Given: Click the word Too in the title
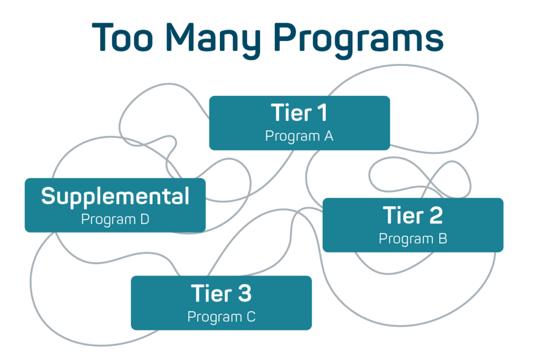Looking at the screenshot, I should [x=125, y=37].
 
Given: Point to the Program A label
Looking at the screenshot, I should [x=299, y=136].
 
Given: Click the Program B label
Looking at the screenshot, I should [x=412, y=239].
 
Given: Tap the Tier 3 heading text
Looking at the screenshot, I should [x=221, y=293].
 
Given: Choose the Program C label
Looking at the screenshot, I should [x=221, y=317].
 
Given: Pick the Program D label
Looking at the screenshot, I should [x=115, y=219].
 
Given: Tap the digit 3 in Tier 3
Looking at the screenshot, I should [x=244, y=293].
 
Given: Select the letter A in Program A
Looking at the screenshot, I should [x=328, y=136].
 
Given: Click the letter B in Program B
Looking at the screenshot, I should [x=442, y=239].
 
